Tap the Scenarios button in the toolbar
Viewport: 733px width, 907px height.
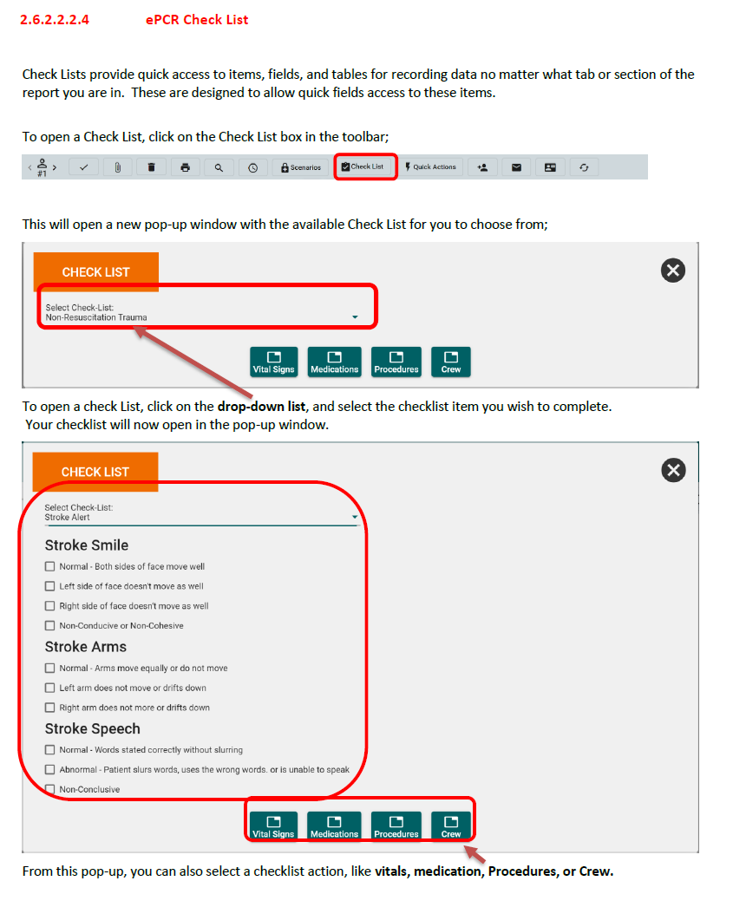tap(300, 167)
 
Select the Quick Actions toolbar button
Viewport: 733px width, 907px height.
tap(431, 167)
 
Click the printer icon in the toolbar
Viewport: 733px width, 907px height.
tap(185, 167)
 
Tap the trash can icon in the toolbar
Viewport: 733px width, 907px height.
tap(152, 167)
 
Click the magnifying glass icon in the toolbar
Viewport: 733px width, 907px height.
tap(219, 167)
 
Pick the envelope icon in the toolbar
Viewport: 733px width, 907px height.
tap(517, 167)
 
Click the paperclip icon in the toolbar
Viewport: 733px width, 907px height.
tap(117, 167)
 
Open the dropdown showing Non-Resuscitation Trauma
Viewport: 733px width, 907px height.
tap(202, 312)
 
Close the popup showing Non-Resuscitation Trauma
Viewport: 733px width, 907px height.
tap(673, 271)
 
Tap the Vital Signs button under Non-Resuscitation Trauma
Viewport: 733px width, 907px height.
tap(273, 362)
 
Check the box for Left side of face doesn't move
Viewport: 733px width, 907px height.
tap(49, 586)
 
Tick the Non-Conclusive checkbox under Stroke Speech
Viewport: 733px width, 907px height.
tap(49, 789)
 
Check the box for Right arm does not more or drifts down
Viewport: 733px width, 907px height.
tap(49, 708)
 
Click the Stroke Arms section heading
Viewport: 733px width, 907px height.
tap(86, 647)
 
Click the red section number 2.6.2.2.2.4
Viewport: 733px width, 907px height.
tap(55, 20)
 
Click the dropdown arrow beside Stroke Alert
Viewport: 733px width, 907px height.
tap(355, 517)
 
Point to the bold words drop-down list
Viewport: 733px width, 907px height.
tap(261, 407)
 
